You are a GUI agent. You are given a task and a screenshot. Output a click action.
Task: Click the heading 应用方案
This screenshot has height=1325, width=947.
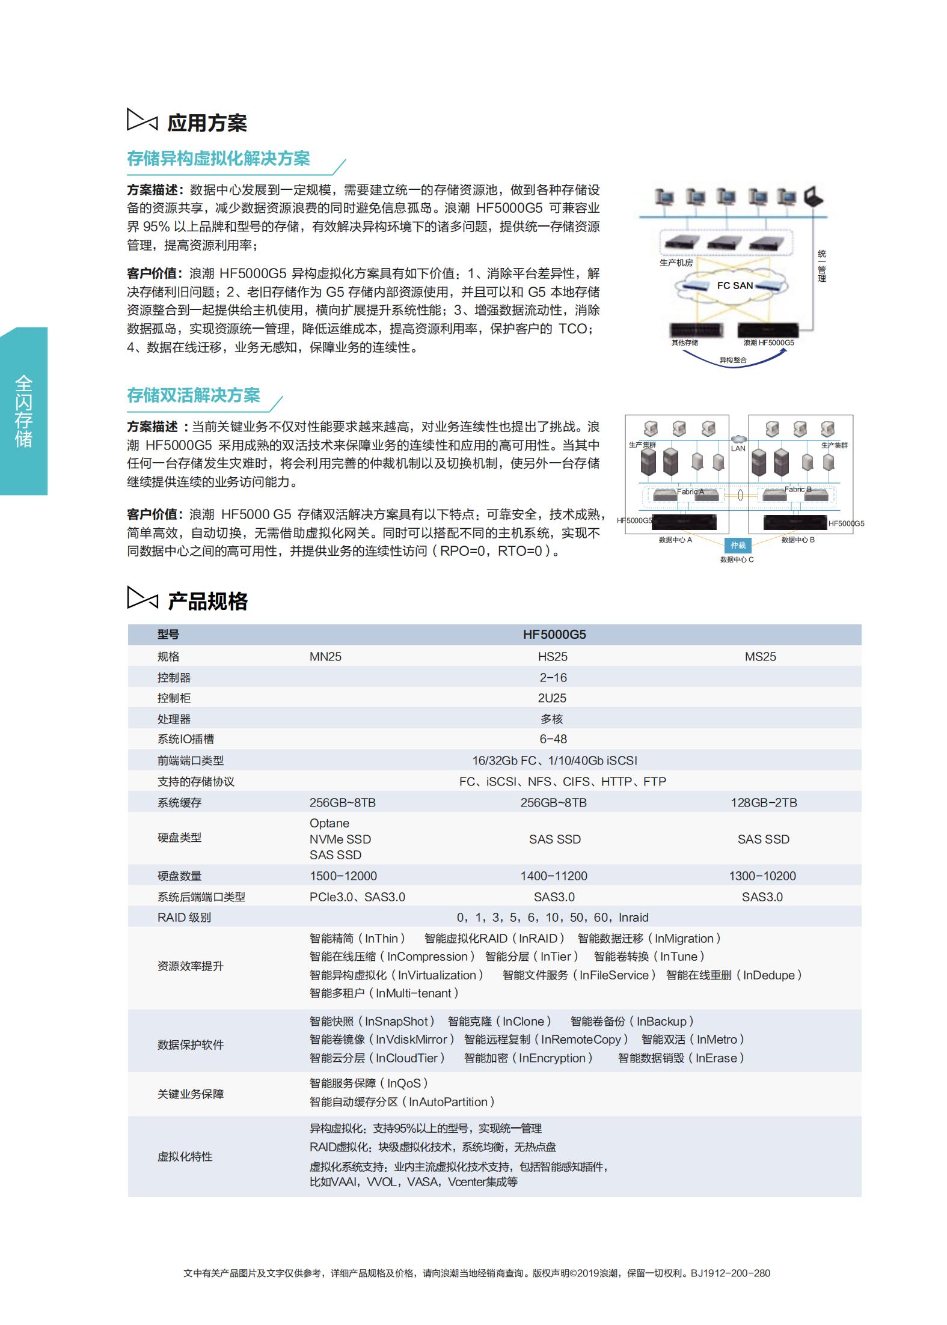[206, 123]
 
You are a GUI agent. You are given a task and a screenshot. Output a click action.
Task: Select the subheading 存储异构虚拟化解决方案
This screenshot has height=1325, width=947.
[218, 159]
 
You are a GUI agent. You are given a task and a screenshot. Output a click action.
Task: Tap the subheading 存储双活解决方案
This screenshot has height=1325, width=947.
[193, 395]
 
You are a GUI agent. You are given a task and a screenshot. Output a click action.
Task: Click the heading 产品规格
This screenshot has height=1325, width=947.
[207, 601]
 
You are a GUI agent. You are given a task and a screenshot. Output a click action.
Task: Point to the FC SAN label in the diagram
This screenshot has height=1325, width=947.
[735, 285]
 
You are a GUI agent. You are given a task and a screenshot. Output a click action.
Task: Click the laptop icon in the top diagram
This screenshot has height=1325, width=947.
[813, 196]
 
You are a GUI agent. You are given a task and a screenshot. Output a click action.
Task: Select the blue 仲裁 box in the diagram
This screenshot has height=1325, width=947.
[738, 545]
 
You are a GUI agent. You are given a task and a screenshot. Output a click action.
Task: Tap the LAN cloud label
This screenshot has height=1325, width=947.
[738, 448]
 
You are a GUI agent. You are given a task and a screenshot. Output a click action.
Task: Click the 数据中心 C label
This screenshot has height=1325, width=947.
[737, 559]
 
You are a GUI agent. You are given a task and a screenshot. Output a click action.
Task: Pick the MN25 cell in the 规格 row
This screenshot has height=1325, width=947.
[325, 657]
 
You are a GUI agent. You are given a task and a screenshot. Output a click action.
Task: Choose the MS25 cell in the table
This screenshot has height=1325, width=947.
[760, 657]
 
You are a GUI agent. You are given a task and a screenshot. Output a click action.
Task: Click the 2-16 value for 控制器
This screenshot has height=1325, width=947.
[553, 678]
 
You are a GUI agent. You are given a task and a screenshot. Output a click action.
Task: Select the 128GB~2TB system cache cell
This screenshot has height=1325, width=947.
[763, 803]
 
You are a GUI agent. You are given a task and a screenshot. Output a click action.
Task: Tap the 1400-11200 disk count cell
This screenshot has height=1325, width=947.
[554, 876]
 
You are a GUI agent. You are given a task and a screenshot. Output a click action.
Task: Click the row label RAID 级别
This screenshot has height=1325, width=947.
[184, 918]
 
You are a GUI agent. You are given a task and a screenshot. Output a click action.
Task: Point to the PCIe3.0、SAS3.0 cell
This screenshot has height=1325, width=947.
[357, 897]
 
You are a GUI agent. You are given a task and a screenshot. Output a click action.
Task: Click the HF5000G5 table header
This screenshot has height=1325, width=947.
[554, 635]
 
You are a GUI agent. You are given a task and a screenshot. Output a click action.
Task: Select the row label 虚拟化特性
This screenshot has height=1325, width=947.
[185, 1157]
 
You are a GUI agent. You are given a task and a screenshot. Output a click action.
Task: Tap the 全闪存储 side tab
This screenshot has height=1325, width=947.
[23, 411]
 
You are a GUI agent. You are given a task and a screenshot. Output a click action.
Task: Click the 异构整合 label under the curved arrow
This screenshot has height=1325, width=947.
[733, 360]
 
